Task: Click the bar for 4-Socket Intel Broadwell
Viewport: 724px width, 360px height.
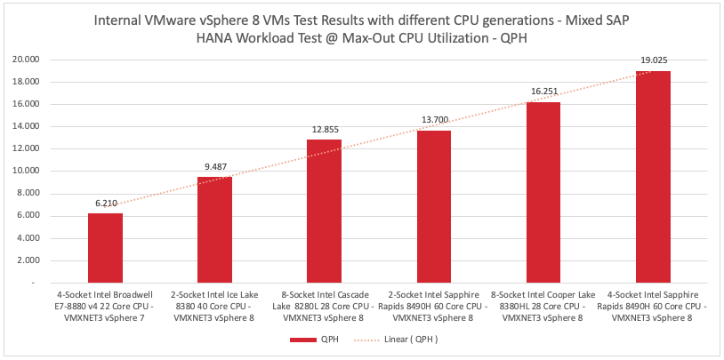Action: (105, 248)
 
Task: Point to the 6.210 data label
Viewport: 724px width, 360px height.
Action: (105, 204)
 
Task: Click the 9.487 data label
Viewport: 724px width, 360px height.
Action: (214, 167)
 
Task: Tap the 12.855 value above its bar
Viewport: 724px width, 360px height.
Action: (325, 130)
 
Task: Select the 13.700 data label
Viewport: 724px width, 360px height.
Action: (434, 120)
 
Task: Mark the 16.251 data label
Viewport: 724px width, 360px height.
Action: (543, 92)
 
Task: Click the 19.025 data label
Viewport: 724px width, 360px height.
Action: (653, 60)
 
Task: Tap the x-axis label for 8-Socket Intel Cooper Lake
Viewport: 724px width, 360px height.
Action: (543, 305)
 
